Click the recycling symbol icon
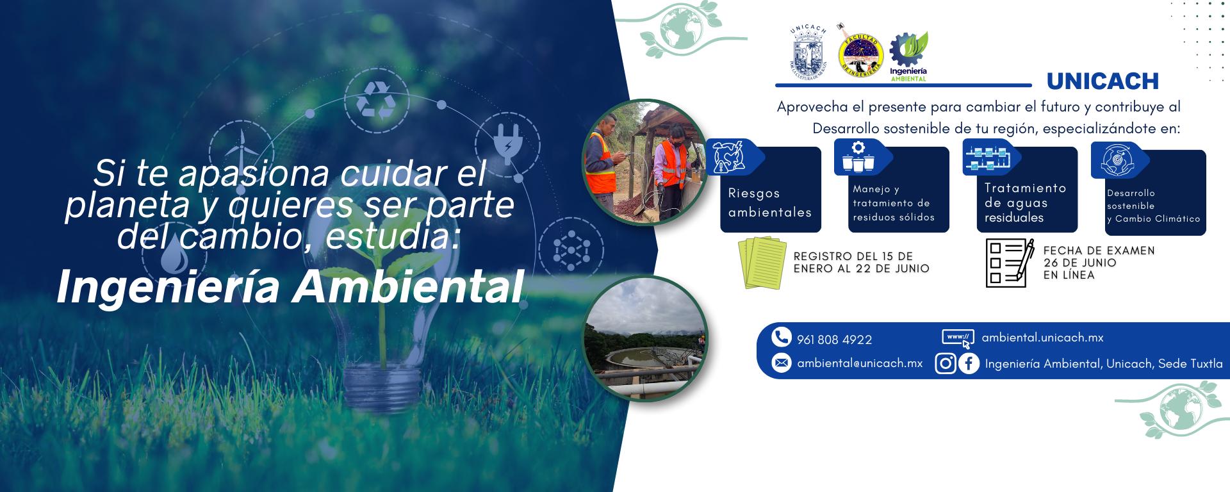[x=377, y=100]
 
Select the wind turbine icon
[x=241, y=147]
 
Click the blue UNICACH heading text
[x=1103, y=81]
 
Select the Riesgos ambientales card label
[x=770, y=202]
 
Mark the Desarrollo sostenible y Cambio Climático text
[x=1153, y=206]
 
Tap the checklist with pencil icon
[x=1010, y=262]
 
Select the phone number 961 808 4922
[x=834, y=340]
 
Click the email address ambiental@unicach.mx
[x=860, y=363]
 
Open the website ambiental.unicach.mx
[x=1042, y=337]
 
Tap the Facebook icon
[x=969, y=364]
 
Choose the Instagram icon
[x=946, y=364]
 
